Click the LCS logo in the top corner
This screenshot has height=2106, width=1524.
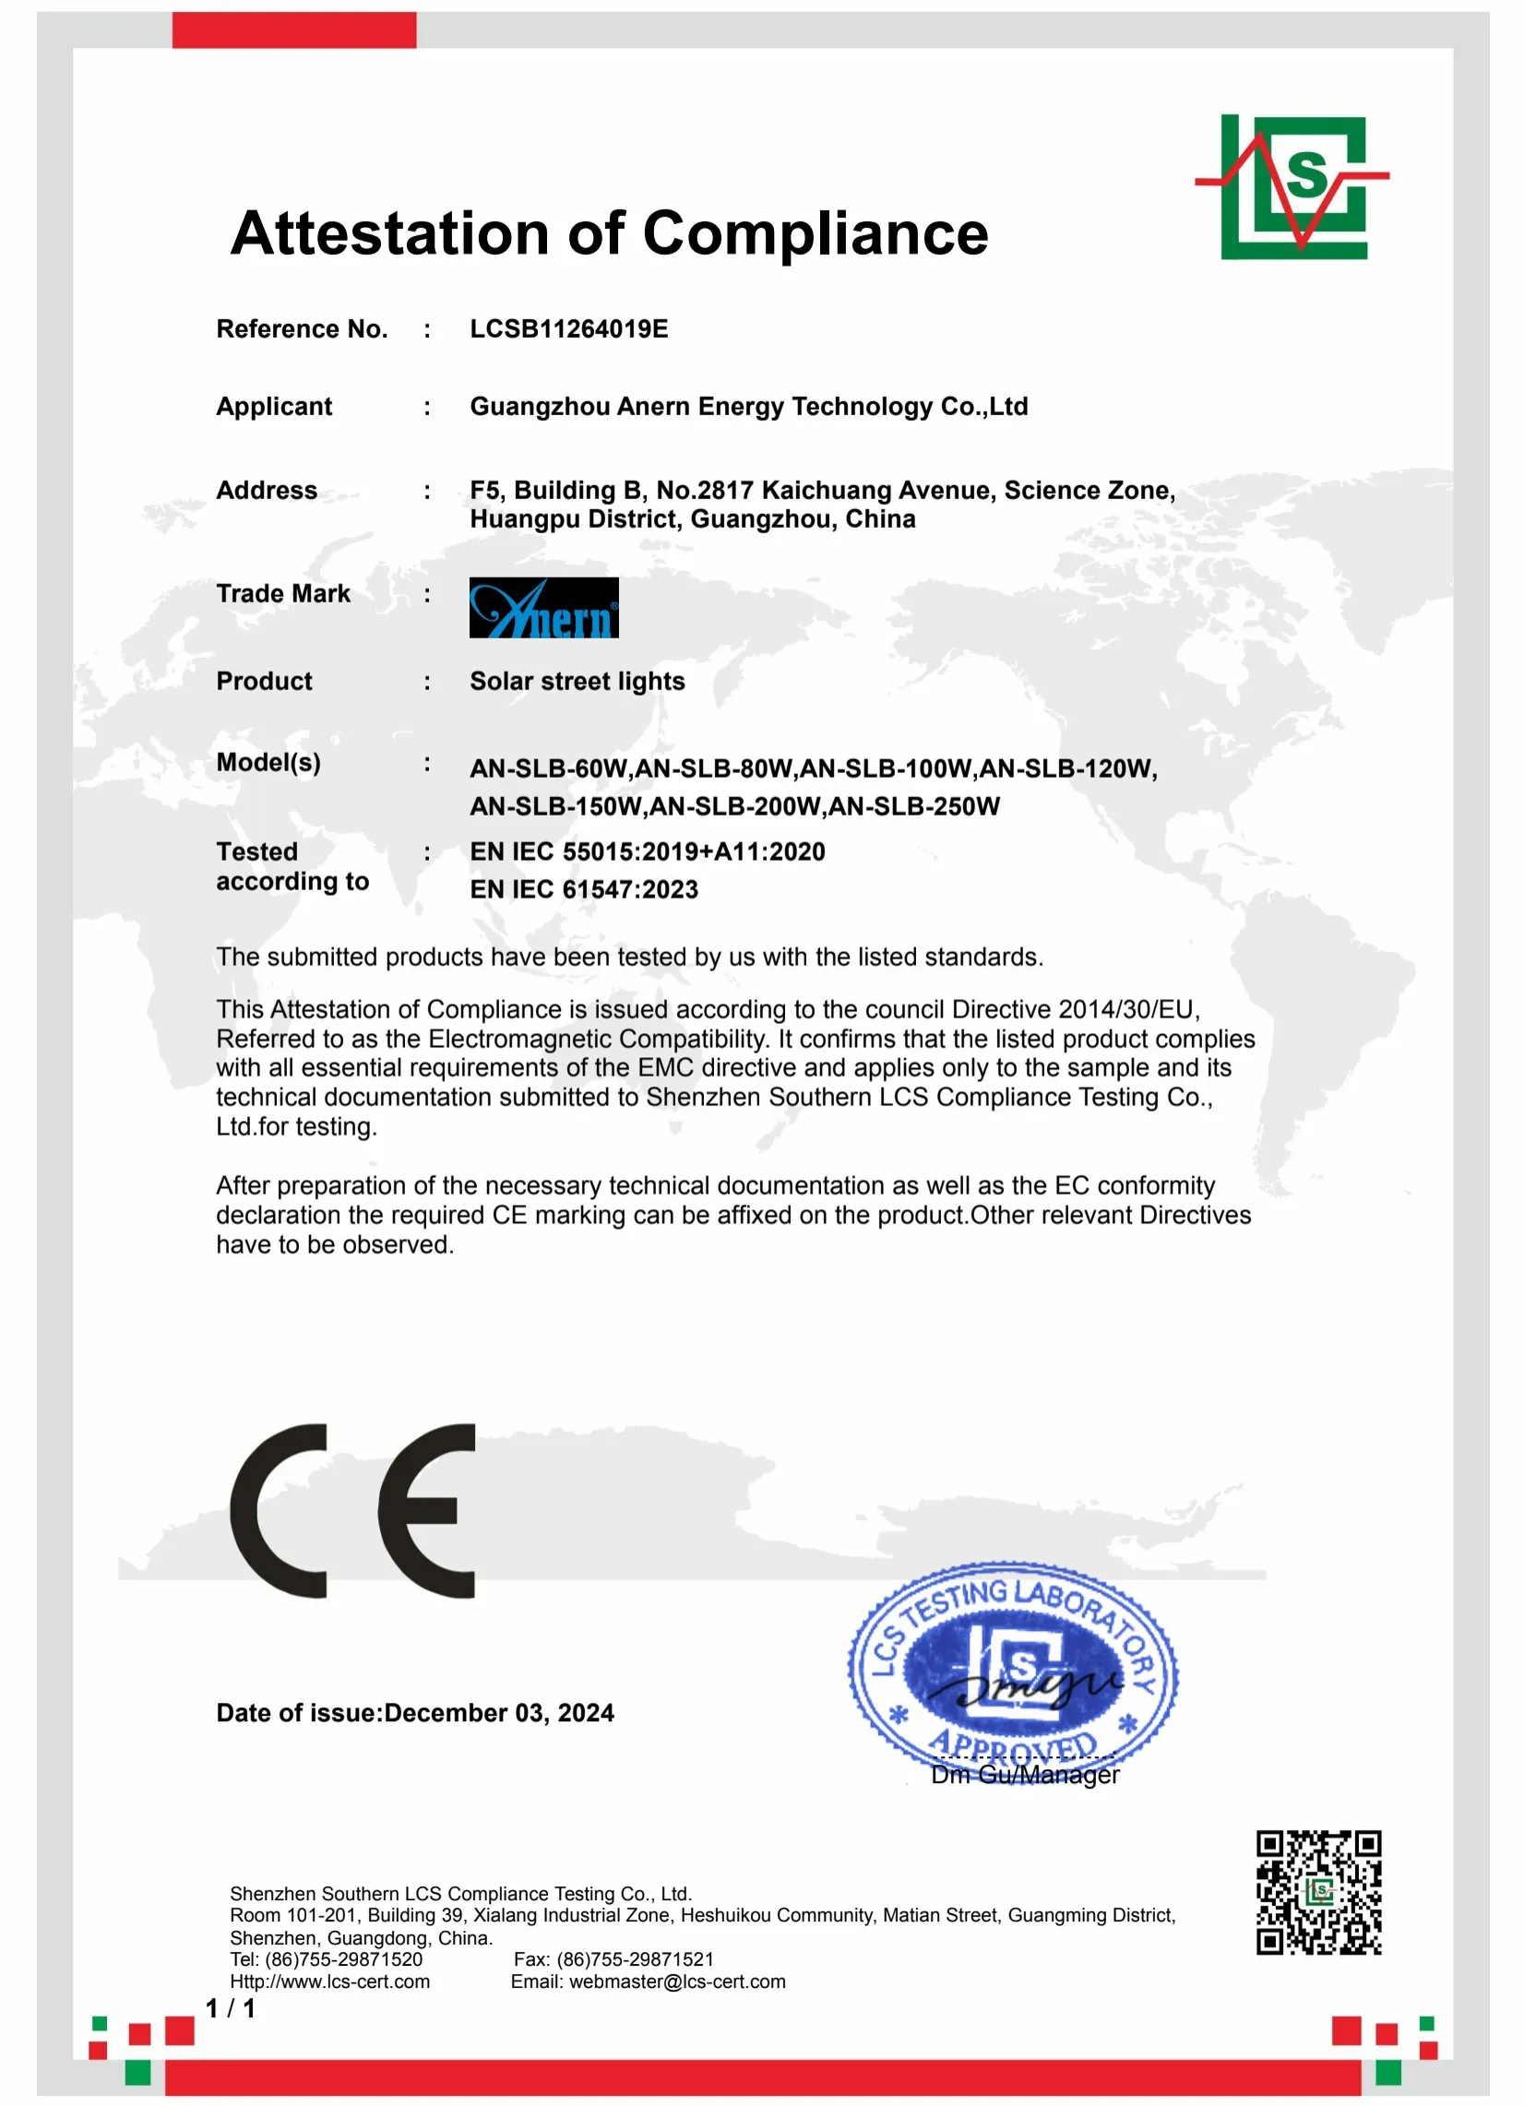click(1292, 186)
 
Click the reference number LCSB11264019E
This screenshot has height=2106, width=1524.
click(568, 328)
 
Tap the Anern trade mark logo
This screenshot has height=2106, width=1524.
click(543, 607)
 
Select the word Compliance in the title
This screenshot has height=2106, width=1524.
click(815, 233)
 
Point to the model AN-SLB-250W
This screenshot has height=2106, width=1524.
click(914, 806)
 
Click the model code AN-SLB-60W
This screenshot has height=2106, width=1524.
click(548, 768)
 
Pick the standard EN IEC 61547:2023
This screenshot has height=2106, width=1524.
click(583, 889)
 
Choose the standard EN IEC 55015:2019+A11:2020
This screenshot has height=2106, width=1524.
click(647, 851)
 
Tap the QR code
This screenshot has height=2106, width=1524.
click(1318, 1893)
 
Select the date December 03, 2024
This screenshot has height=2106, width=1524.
click(499, 1713)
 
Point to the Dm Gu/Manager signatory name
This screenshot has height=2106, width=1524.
click(1024, 1775)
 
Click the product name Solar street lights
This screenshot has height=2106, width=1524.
click(577, 682)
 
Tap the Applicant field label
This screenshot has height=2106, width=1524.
click(274, 407)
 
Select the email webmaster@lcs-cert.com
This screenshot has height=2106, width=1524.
click(677, 1981)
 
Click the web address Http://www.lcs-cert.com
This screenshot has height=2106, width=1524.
click(329, 1981)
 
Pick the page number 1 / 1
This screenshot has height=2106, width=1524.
click(230, 2008)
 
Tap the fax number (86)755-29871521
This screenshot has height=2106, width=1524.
click(636, 1959)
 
